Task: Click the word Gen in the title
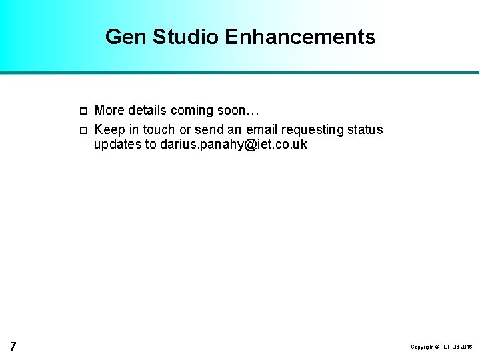pyautogui.click(x=126, y=37)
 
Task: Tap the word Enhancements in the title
pyautogui.click(x=300, y=37)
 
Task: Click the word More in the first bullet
pyautogui.click(x=109, y=111)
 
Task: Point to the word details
pyautogui.click(x=147, y=111)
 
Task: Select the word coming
pyautogui.click(x=193, y=111)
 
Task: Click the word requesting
pyautogui.click(x=315, y=129)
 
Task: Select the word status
pyautogui.click(x=366, y=129)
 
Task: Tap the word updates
pyautogui.click(x=117, y=145)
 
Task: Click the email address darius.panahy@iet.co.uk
pyautogui.click(x=234, y=145)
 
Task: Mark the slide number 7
pyautogui.click(x=13, y=346)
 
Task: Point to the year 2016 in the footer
pyautogui.click(x=465, y=347)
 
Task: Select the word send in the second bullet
pyautogui.click(x=209, y=129)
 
